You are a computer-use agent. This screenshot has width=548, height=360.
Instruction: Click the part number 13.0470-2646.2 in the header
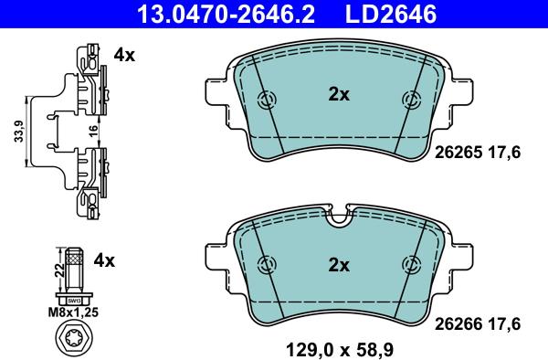(227, 15)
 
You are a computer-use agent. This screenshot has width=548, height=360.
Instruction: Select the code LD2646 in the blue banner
(391, 15)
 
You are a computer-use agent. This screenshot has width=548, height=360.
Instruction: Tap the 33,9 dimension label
(19, 131)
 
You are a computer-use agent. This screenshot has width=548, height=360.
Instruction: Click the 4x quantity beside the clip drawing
(124, 55)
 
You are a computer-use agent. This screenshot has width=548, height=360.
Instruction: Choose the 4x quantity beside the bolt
(104, 260)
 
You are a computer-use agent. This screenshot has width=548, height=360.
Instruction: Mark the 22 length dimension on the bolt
(60, 270)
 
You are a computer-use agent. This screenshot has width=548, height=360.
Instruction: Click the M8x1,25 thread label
(73, 312)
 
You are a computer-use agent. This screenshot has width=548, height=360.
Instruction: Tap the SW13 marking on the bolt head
(74, 301)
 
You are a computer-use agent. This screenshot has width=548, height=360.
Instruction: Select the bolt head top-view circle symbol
(73, 339)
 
